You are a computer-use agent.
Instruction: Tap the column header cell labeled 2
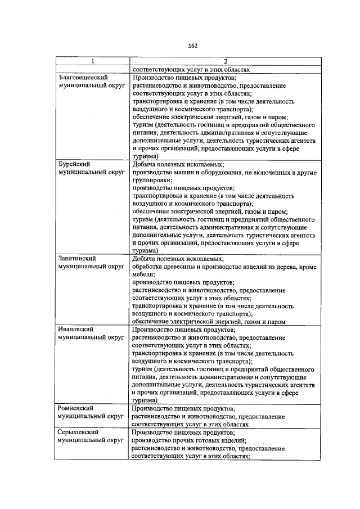tap(225, 61)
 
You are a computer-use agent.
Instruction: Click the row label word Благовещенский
tap(83, 78)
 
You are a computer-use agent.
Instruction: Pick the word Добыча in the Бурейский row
tap(145, 164)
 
